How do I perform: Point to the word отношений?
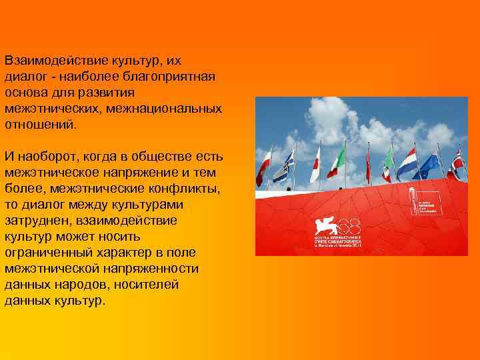[39, 124]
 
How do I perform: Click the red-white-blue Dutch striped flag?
[407, 163]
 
